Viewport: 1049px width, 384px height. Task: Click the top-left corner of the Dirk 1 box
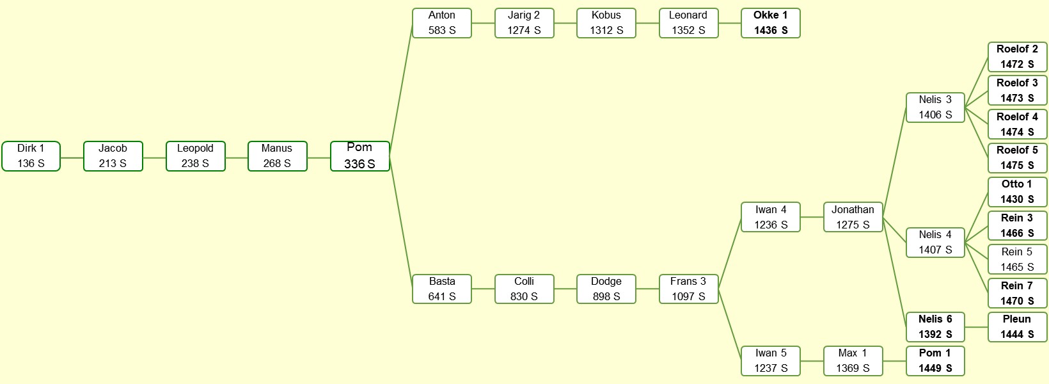click(x=3, y=142)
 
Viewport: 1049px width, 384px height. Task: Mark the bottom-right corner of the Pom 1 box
click(x=964, y=375)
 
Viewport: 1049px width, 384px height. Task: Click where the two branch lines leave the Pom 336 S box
click(x=390, y=156)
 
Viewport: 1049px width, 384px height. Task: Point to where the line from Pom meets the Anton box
click(x=413, y=24)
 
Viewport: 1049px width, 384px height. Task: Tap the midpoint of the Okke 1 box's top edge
click(x=770, y=8)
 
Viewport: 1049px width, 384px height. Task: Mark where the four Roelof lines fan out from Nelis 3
click(x=965, y=108)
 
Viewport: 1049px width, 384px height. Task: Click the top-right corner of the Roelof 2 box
click(x=1046, y=43)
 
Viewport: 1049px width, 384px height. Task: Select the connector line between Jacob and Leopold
click(x=155, y=158)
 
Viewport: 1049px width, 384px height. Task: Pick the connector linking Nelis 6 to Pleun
click(x=977, y=327)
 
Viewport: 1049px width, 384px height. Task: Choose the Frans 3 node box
click(x=688, y=289)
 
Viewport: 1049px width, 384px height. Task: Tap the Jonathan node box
click(x=853, y=217)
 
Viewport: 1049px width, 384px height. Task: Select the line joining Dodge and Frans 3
click(x=648, y=289)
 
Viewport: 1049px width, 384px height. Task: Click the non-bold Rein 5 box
click(x=1017, y=259)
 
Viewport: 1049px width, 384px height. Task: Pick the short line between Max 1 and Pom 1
click(x=894, y=361)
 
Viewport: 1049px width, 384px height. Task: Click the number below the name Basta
click(x=441, y=296)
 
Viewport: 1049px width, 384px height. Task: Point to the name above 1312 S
click(x=606, y=15)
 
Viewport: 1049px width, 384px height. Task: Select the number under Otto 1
click(x=1017, y=199)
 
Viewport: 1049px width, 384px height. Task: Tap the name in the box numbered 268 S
click(x=277, y=148)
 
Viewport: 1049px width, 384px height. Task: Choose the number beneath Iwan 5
click(x=770, y=368)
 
